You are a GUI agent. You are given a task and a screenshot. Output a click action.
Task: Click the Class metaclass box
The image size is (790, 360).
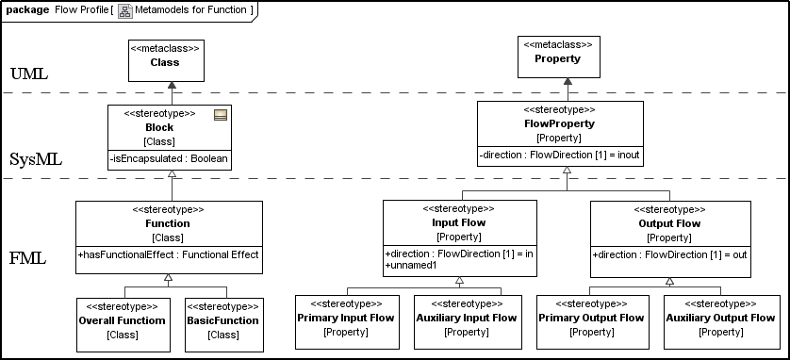point(166,60)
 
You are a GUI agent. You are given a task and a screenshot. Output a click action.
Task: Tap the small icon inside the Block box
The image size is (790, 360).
point(221,115)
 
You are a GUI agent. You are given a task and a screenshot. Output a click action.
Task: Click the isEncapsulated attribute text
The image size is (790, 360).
point(169,158)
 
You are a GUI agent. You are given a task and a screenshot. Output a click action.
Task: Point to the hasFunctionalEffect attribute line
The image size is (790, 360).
point(169,254)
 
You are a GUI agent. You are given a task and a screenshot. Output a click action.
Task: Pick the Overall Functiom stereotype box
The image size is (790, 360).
point(123,325)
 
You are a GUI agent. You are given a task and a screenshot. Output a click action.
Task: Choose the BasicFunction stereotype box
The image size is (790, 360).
point(224,325)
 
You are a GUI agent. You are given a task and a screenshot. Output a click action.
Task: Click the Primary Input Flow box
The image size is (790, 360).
point(347,322)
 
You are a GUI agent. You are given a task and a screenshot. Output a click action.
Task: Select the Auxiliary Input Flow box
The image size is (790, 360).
point(467,322)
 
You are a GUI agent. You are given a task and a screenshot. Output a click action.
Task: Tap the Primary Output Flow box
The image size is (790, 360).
point(592,322)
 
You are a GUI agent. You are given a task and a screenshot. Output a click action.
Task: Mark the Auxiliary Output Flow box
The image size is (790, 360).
point(720,322)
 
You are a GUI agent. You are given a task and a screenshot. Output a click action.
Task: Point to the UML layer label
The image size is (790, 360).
point(29,74)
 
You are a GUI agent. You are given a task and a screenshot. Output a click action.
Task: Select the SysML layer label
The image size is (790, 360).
point(36,160)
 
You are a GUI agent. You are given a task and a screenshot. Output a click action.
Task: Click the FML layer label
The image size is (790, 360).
point(28,259)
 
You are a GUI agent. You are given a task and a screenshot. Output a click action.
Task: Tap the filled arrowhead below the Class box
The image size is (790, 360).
point(173,85)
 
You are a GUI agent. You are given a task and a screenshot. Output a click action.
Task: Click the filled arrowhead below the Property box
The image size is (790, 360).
point(568,82)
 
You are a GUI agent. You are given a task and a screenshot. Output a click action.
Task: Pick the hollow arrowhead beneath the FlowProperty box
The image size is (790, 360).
point(567,171)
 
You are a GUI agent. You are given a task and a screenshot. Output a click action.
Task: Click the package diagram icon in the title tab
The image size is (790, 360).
point(125,10)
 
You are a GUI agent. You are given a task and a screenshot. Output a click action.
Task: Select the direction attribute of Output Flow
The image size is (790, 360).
point(669,254)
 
